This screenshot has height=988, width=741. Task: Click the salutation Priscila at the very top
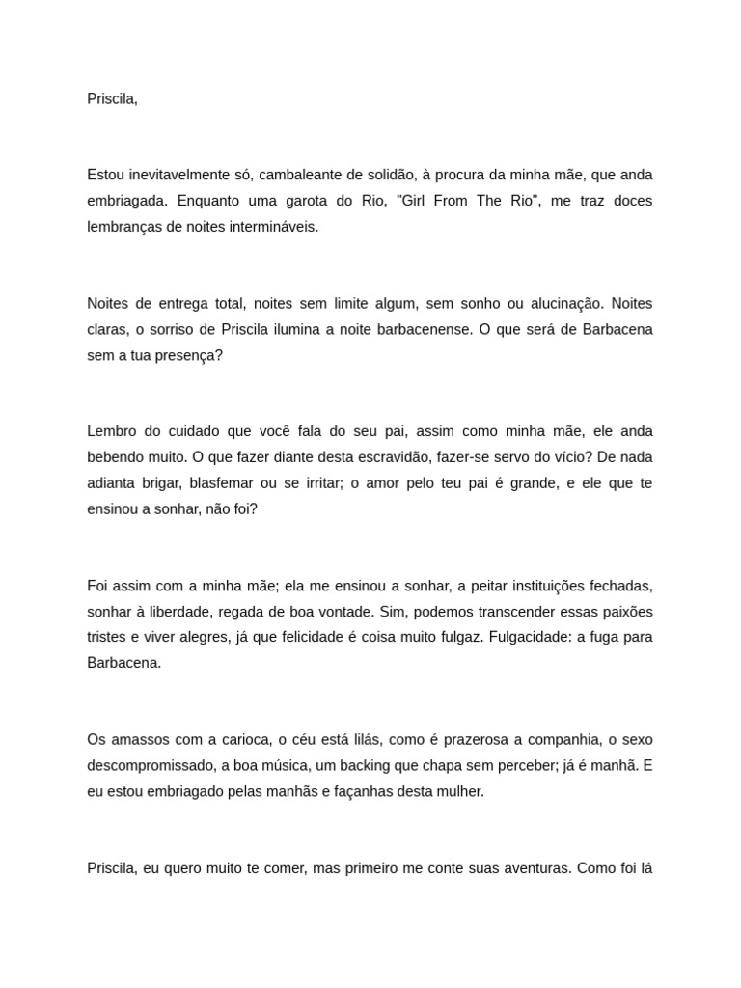[x=112, y=98]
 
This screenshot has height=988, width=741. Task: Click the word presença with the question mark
[x=189, y=355]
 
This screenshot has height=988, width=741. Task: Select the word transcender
[x=501, y=611]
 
